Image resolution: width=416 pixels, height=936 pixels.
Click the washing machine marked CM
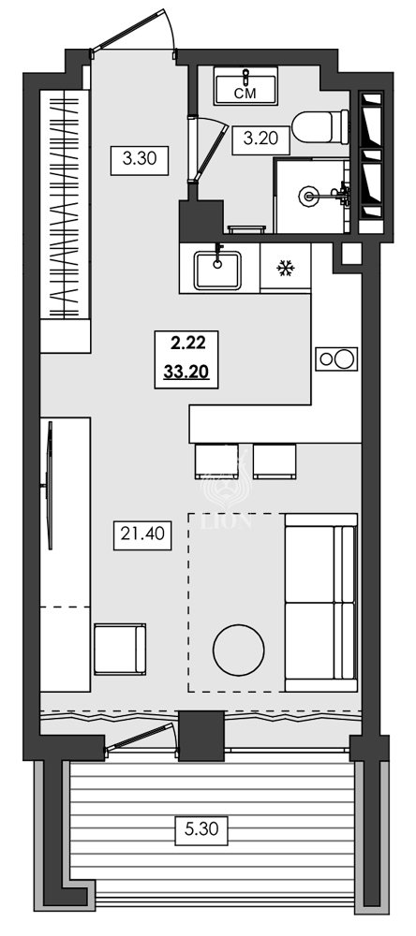tap(245, 88)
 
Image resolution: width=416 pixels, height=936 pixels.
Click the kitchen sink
tap(217, 270)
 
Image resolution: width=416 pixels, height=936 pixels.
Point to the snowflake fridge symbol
tap(284, 270)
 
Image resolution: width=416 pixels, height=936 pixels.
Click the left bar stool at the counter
tap(216, 461)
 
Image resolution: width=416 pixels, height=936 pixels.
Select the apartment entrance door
tap(136, 34)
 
